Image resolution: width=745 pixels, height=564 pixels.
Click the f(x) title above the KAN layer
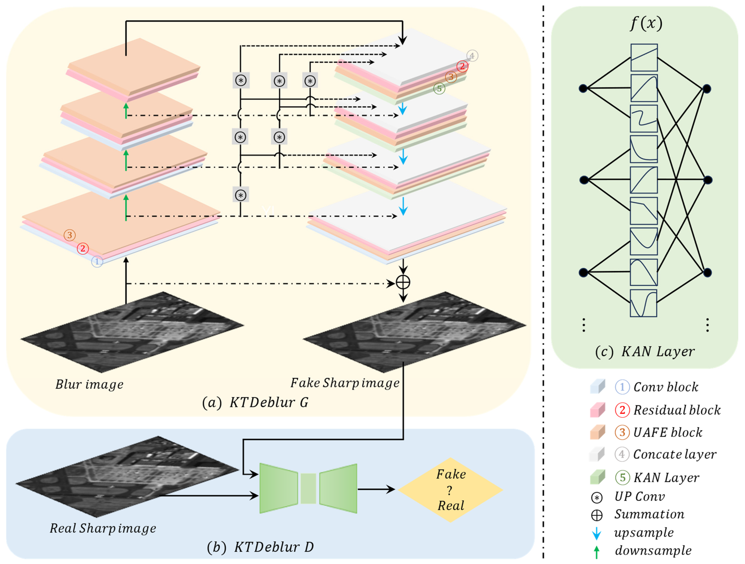tap(646, 24)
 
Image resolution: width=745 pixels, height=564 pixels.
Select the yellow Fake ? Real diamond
tap(450, 490)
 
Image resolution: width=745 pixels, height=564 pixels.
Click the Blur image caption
tap(89, 384)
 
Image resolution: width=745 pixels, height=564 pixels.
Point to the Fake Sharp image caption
tap(344, 383)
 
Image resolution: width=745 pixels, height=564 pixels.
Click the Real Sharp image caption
tap(103, 528)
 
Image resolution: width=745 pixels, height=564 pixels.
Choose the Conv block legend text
tap(665, 387)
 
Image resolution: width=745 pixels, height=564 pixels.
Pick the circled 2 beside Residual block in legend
tap(622, 410)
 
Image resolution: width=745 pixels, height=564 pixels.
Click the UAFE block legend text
tap(668, 432)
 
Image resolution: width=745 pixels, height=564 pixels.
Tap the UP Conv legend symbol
tap(596, 497)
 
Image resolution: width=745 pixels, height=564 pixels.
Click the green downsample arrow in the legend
tap(596, 552)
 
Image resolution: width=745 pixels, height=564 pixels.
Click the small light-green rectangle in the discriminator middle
tap(308, 488)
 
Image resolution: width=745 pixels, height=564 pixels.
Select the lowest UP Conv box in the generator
tap(240, 195)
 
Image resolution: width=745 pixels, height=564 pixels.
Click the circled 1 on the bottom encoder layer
tap(97, 262)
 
